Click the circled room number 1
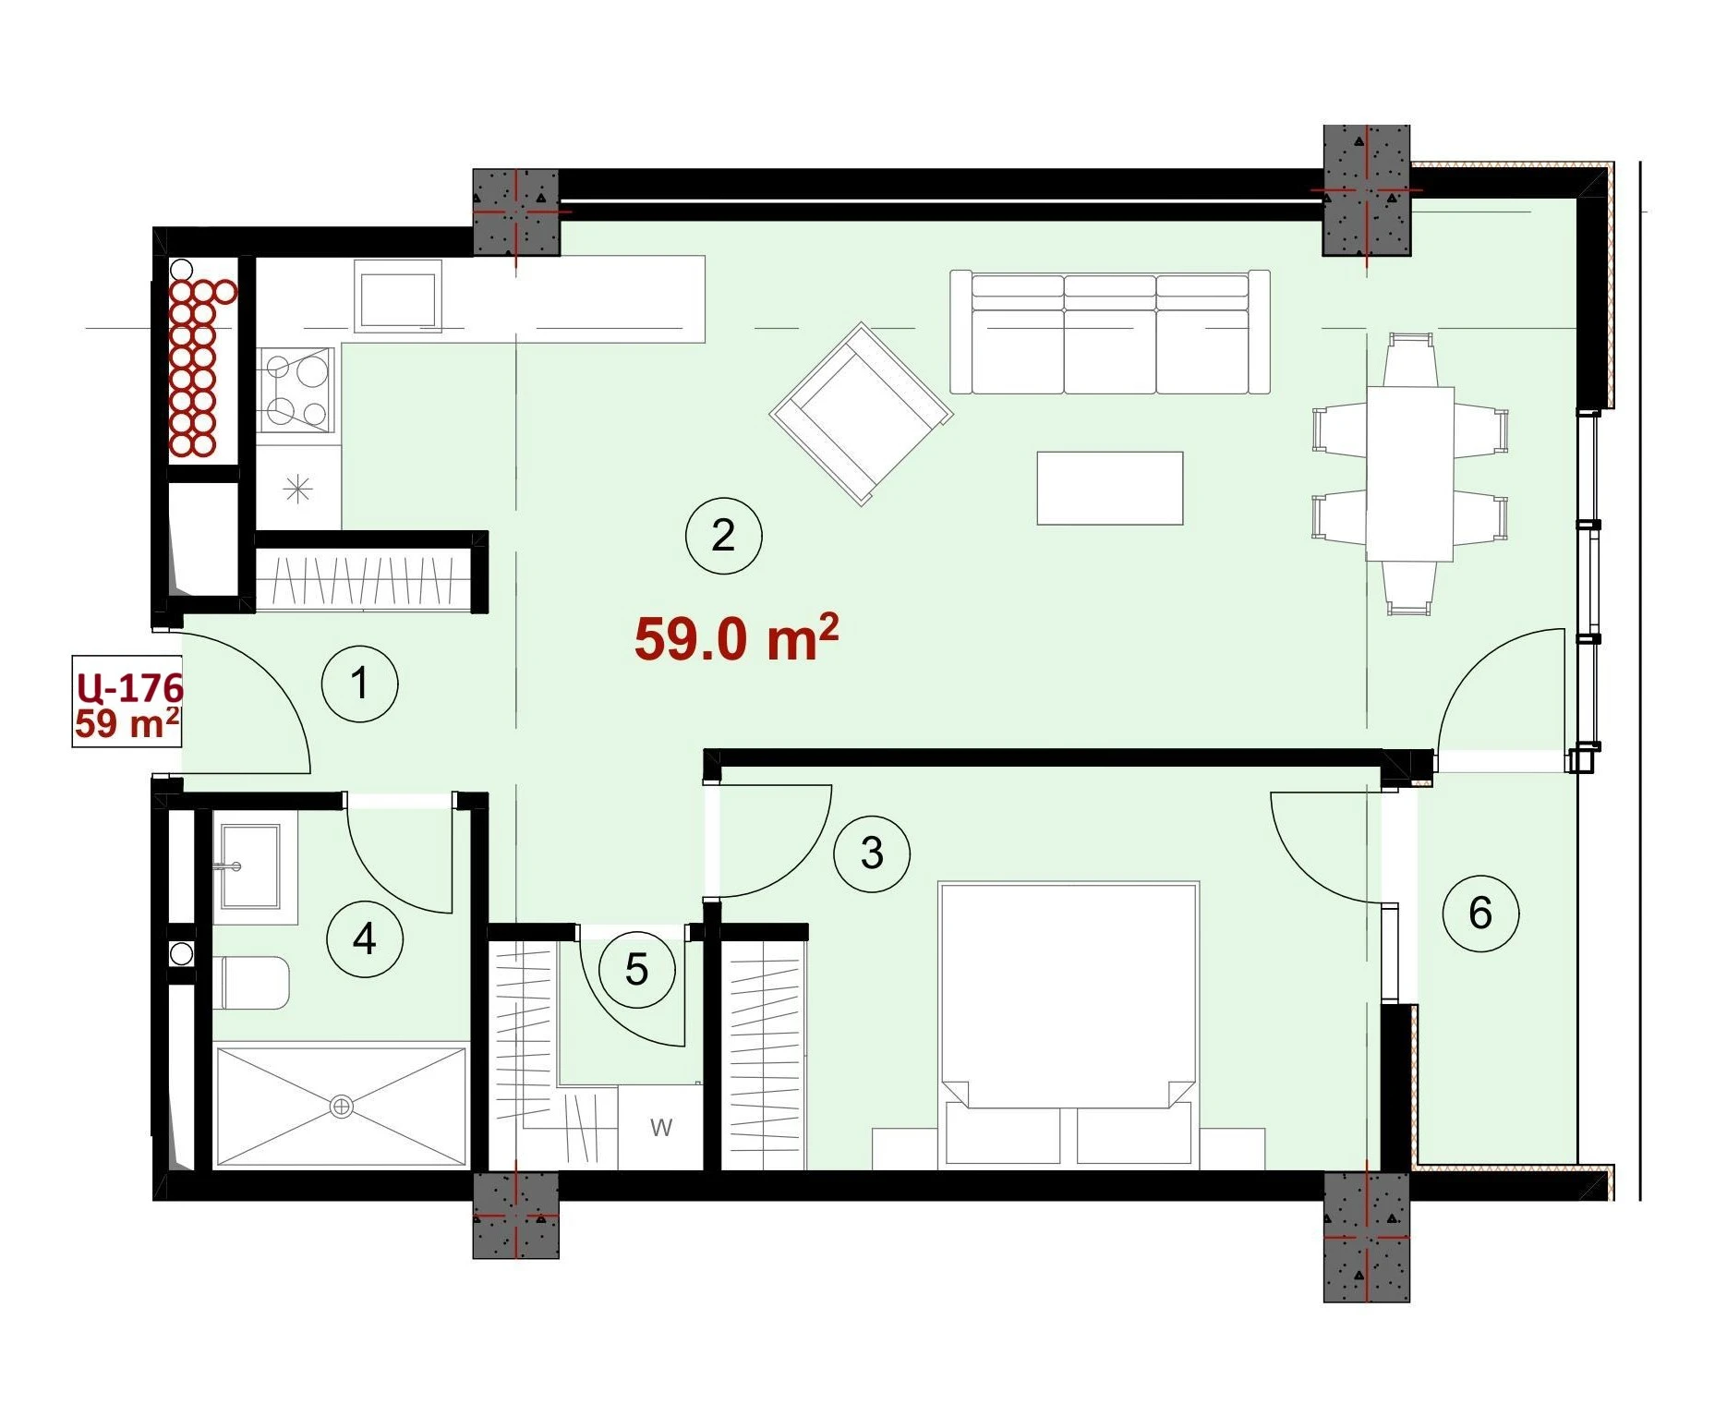point(359,684)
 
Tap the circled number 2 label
point(723,536)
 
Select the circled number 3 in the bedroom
point(872,853)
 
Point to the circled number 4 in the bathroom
point(365,939)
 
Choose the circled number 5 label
point(636,970)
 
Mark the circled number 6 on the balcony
point(1480,914)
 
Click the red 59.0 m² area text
point(736,636)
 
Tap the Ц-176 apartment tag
point(130,687)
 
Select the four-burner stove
point(296,390)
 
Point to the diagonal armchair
point(861,414)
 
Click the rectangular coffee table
point(1110,488)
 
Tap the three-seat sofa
point(1110,332)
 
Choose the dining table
point(1410,473)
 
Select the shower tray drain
point(342,1106)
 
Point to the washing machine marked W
point(661,1127)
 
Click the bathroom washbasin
point(250,866)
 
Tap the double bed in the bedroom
point(1069,1023)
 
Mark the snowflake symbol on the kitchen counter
point(297,489)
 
